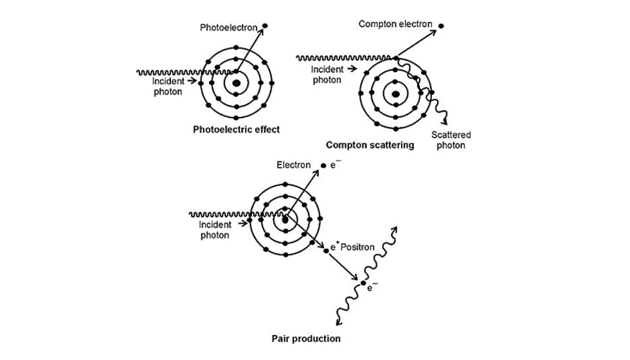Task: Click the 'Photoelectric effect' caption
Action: coord(237,129)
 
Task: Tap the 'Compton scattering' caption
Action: coord(370,145)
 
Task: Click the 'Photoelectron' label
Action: coord(228,28)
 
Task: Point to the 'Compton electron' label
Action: coord(395,24)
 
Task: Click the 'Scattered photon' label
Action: coord(450,140)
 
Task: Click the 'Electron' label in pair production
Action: coord(294,165)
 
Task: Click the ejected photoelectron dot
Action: coord(265,26)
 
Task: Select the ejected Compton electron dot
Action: coord(442,26)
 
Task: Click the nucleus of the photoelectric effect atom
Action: coord(237,83)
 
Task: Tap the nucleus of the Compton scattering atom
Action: coord(395,94)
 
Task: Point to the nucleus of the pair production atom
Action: coord(285,220)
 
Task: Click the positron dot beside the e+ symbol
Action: coord(326,248)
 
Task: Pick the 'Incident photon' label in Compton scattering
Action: coord(326,75)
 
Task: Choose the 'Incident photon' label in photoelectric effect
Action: coord(167,86)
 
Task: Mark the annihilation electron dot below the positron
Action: coord(363,283)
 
